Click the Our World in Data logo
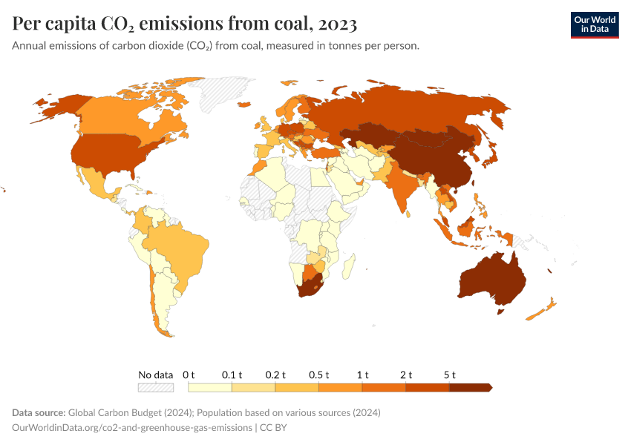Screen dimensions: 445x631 coord(594,24)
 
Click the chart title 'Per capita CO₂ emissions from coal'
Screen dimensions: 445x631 coord(185,24)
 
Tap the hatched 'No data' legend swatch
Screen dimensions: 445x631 coord(155,387)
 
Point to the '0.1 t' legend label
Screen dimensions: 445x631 coord(232,375)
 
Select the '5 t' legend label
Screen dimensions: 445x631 coord(448,375)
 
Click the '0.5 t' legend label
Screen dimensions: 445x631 coord(318,375)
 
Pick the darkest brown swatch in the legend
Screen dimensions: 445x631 coord(471,387)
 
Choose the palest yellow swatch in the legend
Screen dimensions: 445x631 coord(210,387)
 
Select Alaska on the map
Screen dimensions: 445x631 coord(56,108)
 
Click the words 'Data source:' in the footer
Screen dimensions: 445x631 coord(39,412)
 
